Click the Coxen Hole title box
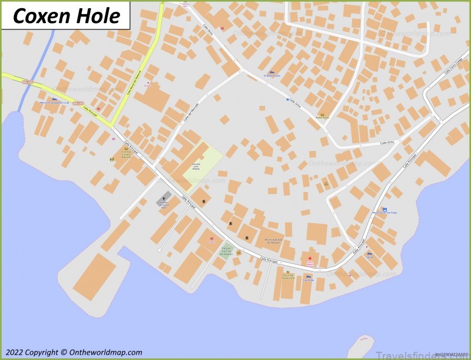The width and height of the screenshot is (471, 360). coord(65,15)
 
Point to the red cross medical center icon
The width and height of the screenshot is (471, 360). coord(310,259)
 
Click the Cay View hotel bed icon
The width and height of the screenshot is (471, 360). coord(307,275)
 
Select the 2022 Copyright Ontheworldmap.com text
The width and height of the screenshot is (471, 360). coord(72,352)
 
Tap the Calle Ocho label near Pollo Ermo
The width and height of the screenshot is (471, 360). coord(387,142)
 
